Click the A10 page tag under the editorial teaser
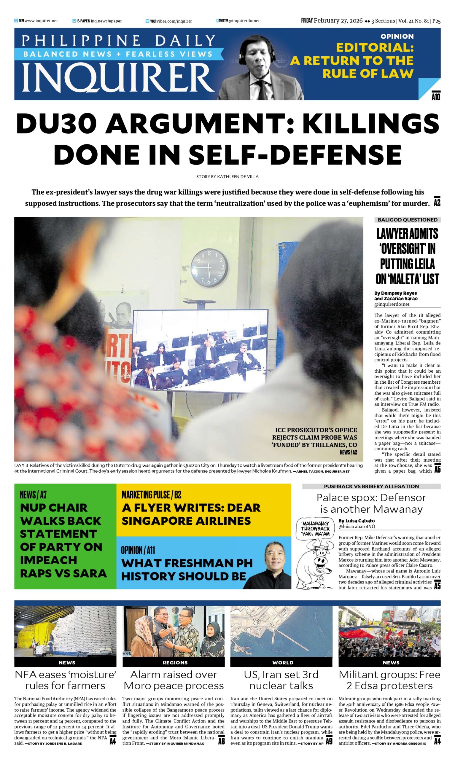436,97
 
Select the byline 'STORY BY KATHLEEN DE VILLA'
227,177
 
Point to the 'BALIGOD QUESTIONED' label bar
407,220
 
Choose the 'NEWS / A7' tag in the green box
33,495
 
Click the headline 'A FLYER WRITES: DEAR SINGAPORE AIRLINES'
191,514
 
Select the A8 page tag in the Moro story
221,741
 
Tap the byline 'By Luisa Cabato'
356,521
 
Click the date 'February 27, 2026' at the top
338,21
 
